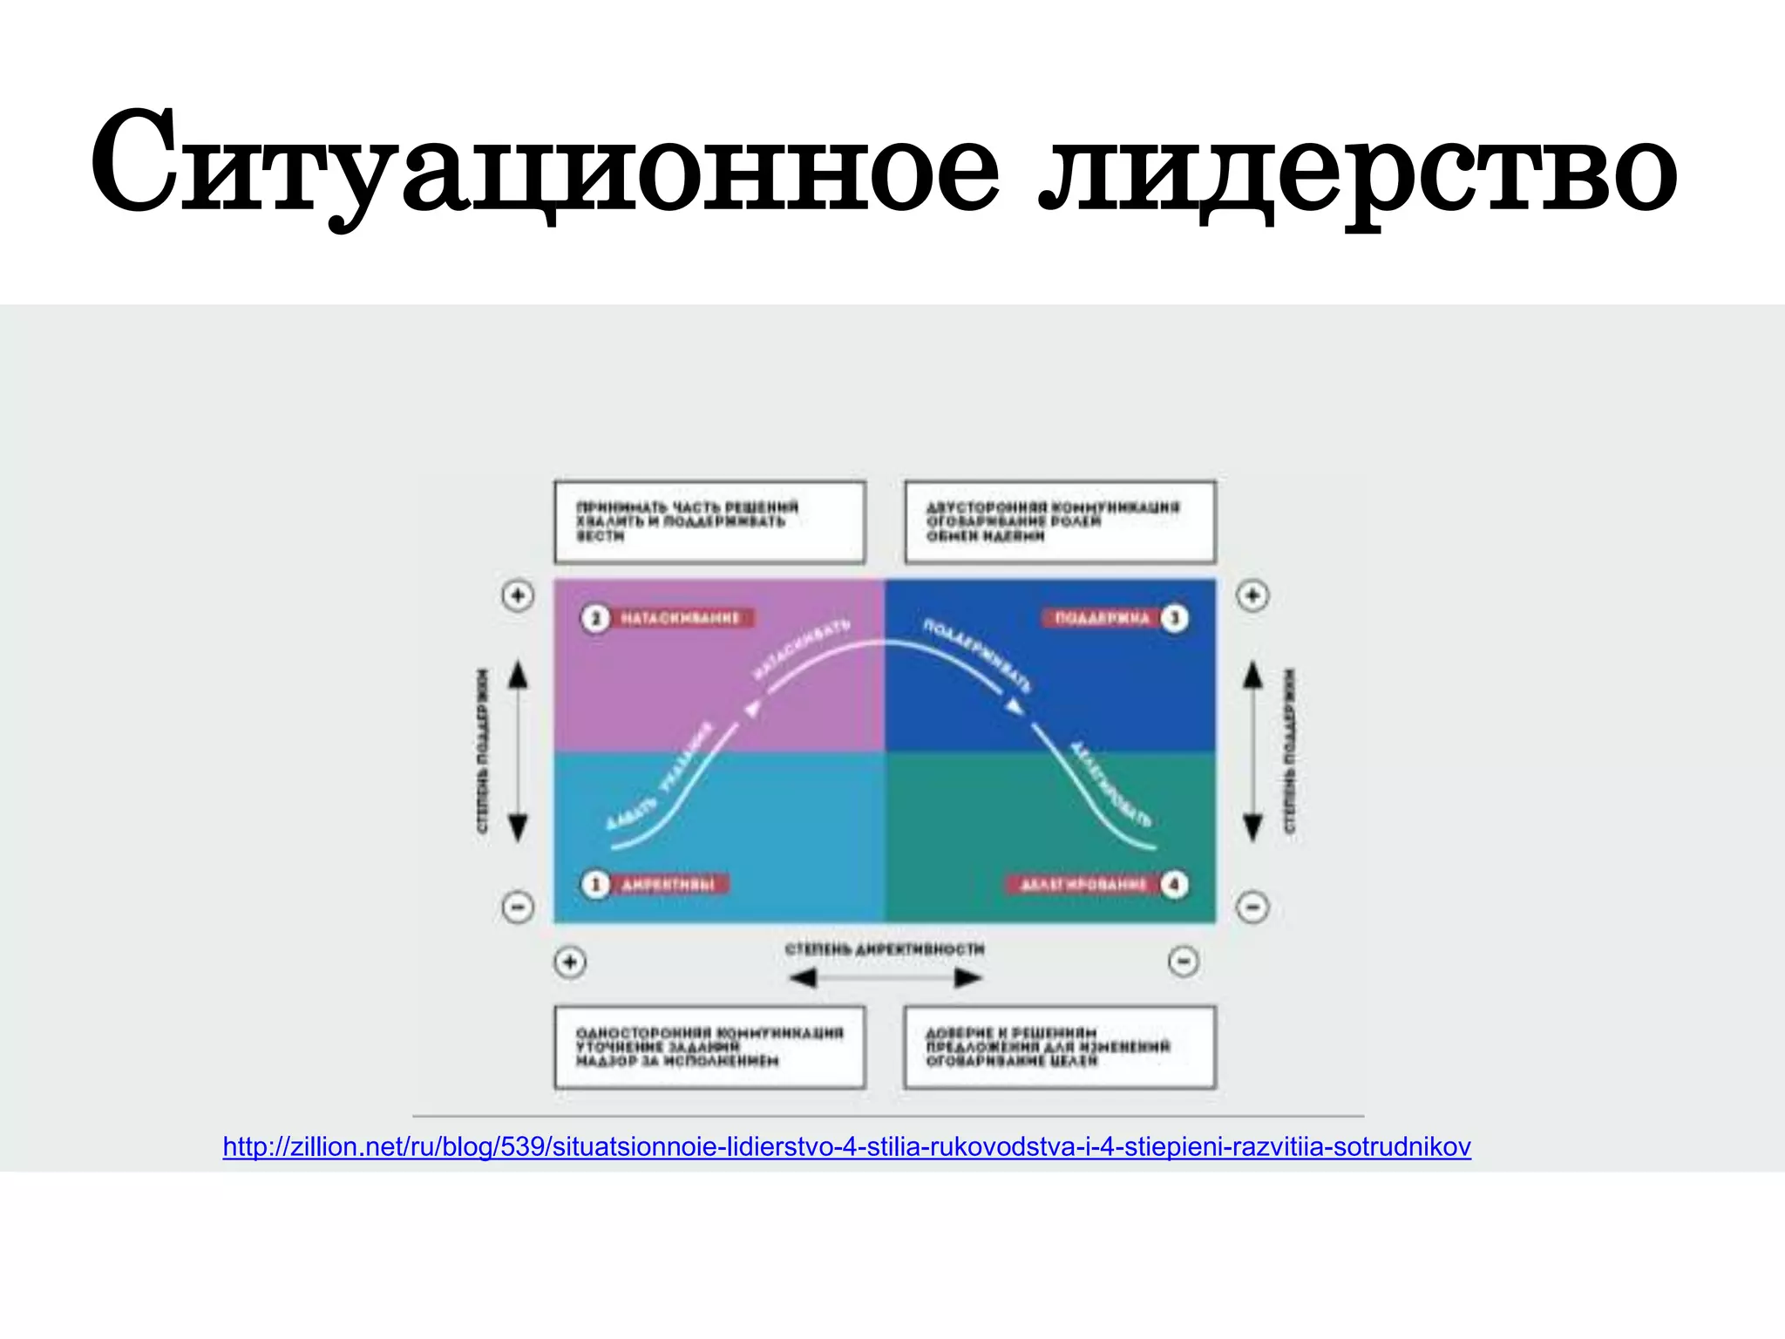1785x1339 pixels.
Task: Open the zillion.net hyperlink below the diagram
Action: coord(846,1146)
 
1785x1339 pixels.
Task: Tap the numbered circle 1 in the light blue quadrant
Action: coord(595,885)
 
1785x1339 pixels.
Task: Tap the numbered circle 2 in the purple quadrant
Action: coord(595,618)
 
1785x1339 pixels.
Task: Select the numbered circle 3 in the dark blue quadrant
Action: coord(1174,618)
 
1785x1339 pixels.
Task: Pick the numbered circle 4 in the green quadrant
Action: coord(1174,885)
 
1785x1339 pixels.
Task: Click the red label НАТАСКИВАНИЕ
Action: coord(681,618)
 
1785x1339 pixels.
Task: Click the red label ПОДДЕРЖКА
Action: coord(1103,618)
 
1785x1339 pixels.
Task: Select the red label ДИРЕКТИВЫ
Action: coord(669,885)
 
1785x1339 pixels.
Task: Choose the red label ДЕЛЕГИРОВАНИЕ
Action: coord(1083,885)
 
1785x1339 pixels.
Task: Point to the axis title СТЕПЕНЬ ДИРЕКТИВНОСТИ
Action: coord(885,948)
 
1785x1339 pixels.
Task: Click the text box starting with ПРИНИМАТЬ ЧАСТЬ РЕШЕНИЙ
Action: coord(709,521)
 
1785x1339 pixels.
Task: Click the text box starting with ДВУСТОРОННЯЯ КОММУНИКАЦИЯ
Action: coord(1060,521)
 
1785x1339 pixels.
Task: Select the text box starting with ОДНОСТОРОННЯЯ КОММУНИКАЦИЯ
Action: coord(709,1047)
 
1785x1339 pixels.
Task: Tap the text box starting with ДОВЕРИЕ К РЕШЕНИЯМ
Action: coord(1060,1047)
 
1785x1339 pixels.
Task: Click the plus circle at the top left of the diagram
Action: coord(518,595)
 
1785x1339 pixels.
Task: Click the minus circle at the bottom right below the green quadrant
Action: coord(1183,962)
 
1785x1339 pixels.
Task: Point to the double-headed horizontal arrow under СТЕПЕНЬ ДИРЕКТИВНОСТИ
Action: coord(885,978)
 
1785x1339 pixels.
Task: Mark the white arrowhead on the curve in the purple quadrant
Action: coord(753,709)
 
